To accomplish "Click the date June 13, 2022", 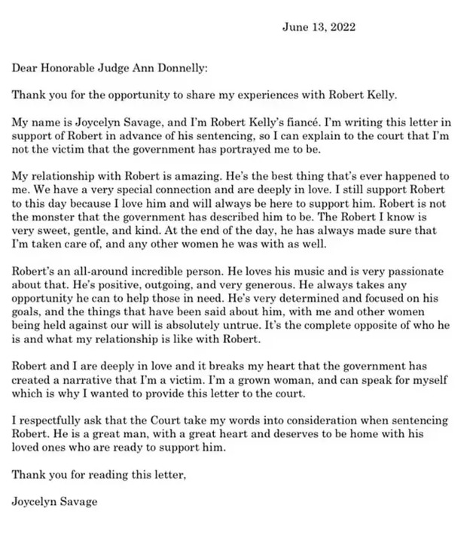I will coord(319,28).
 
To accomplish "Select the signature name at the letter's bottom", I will coord(56,501).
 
